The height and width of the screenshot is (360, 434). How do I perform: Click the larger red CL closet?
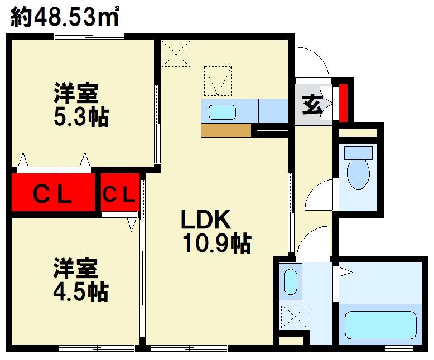53,193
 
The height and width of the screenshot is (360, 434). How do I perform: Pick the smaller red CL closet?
119,193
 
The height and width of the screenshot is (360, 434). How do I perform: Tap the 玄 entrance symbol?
313,105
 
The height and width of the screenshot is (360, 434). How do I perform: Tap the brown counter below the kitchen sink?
226,130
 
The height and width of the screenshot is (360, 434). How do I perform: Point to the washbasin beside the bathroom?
290,282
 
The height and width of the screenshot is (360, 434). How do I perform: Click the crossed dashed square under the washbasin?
294,316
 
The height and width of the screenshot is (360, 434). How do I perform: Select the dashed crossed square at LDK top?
176,53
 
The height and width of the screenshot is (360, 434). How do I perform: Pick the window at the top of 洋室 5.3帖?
89,37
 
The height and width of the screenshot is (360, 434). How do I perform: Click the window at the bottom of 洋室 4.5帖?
97,348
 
